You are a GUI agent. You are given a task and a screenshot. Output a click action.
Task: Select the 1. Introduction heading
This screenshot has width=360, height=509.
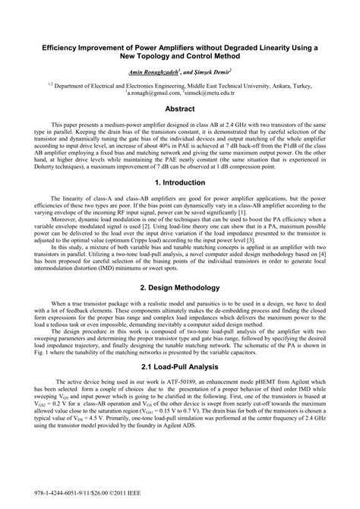pos(180,183)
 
